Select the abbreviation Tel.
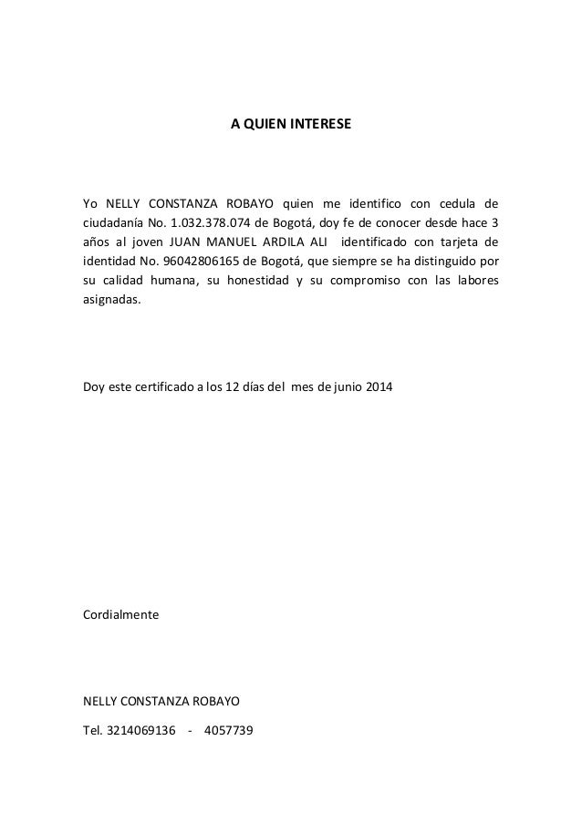[x=93, y=727]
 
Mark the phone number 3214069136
[x=141, y=727]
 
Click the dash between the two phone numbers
[x=190, y=727]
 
